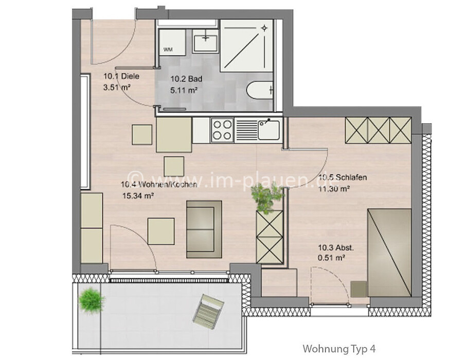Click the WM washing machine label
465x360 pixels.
(168, 49)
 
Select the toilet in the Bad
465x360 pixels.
(259, 90)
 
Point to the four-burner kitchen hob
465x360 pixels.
(222, 130)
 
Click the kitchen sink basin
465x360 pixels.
(269, 130)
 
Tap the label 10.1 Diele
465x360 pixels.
(121, 76)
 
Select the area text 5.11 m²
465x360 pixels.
(184, 90)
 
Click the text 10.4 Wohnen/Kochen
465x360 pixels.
(159, 185)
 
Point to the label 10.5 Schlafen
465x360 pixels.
(343, 177)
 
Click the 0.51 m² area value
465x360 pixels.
(331, 258)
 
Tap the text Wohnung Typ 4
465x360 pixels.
(339, 349)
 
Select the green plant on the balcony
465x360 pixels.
(92, 300)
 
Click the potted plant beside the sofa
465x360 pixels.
(267, 197)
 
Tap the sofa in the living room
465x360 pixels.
(204, 229)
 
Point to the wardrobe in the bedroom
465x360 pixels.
(379, 130)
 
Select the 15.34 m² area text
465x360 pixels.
(138, 196)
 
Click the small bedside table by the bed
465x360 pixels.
(359, 289)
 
